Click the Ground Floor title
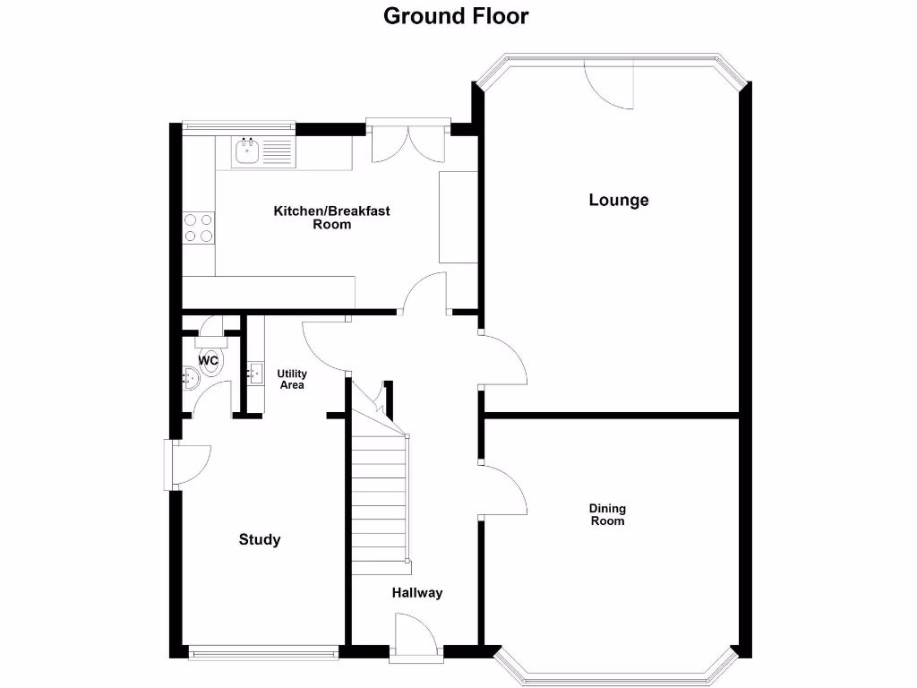pyautogui.click(x=456, y=16)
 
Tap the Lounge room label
pyautogui.click(x=618, y=200)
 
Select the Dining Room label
pyautogui.click(x=606, y=514)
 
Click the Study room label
pyautogui.click(x=260, y=539)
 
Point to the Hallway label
pyautogui.click(x=416, y=592)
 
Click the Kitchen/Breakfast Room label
pyautogui.click(x=331, y=218)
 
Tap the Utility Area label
pyautogui.click(x=292, y=379)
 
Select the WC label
pyautogui.click(x=208, y=361)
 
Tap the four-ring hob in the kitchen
pyautogui.click(x=199, y=228)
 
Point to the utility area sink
pyautogui.click(x=254, y=370)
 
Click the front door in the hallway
pyautogui.click(x=415, y=637)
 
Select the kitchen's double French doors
pyautogui.click(x=407, y=140)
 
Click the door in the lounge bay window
pyautogui.click(x=610, y=83)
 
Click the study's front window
pyautogui.click(x=264, y=651)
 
